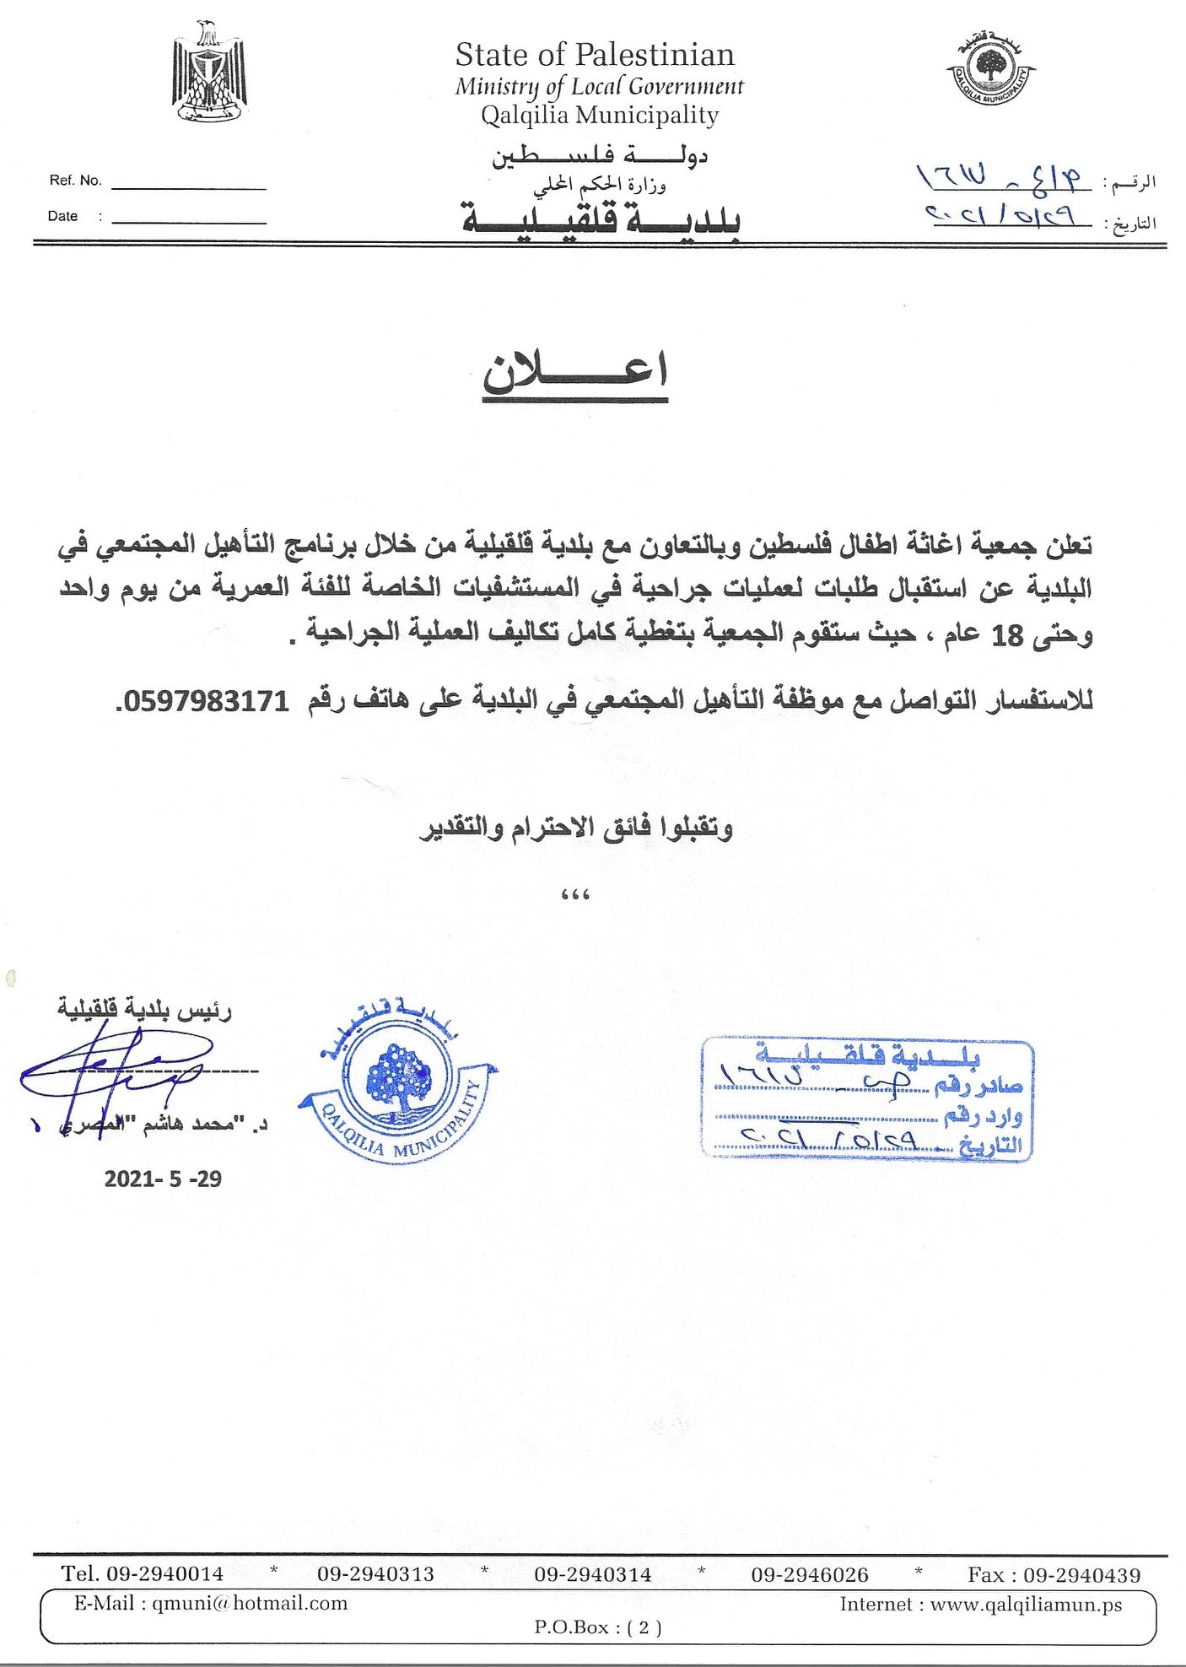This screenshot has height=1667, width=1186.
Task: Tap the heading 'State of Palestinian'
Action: (595, 55)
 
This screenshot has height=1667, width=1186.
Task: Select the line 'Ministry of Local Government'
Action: (599, 86)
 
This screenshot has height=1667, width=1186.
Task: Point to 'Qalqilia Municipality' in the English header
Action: (600, 115)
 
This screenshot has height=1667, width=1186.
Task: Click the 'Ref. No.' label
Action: (75, 181)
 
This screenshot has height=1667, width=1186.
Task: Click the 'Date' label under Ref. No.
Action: (62, 216)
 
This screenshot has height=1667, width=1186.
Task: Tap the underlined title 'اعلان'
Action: (575, 372)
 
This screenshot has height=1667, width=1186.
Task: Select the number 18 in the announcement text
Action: (1007, 635)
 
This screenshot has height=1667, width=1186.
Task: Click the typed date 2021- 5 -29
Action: (163, 1179)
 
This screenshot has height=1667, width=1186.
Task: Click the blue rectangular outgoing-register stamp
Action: (867, 1099)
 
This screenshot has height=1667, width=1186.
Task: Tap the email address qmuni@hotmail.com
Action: (250, 1603)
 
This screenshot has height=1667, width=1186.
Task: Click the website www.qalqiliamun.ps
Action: (1026, 1605)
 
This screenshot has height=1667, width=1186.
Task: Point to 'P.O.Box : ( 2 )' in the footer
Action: (597, 1627)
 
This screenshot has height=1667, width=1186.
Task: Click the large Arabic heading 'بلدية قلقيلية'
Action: (601, 219)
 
